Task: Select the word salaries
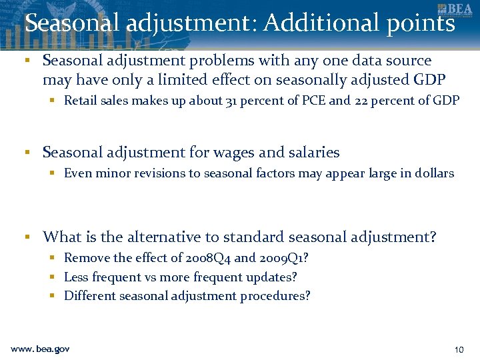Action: [313, 153]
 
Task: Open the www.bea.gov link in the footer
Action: [40, 349]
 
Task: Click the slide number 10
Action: [459, 349]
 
